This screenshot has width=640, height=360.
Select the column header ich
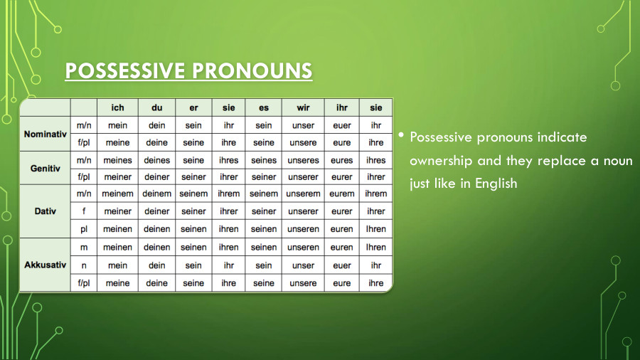(x=117, y=107)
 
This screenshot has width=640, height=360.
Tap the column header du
(x=156, y=107)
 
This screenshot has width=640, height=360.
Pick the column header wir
(x=303, y=107)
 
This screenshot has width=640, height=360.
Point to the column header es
(x=263, y=107)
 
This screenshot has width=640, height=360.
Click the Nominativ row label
(x=45, y=134)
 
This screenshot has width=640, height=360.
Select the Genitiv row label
(x=45, y=169)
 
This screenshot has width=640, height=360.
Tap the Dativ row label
(x=45, y=211)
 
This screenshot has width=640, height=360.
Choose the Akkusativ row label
(x=45, y=265)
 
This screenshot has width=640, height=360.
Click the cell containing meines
(x=117, y=161)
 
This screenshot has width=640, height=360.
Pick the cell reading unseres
(x=303, y=161)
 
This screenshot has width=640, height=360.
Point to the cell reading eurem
(x=341, y=194)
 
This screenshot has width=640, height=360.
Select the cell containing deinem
(x=156, y=194)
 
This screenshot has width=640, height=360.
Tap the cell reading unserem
(x=303, y=194)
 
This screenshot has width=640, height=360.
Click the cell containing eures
(x=341, y=161)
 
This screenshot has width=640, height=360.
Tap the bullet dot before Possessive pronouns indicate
(x=401, y=135)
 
